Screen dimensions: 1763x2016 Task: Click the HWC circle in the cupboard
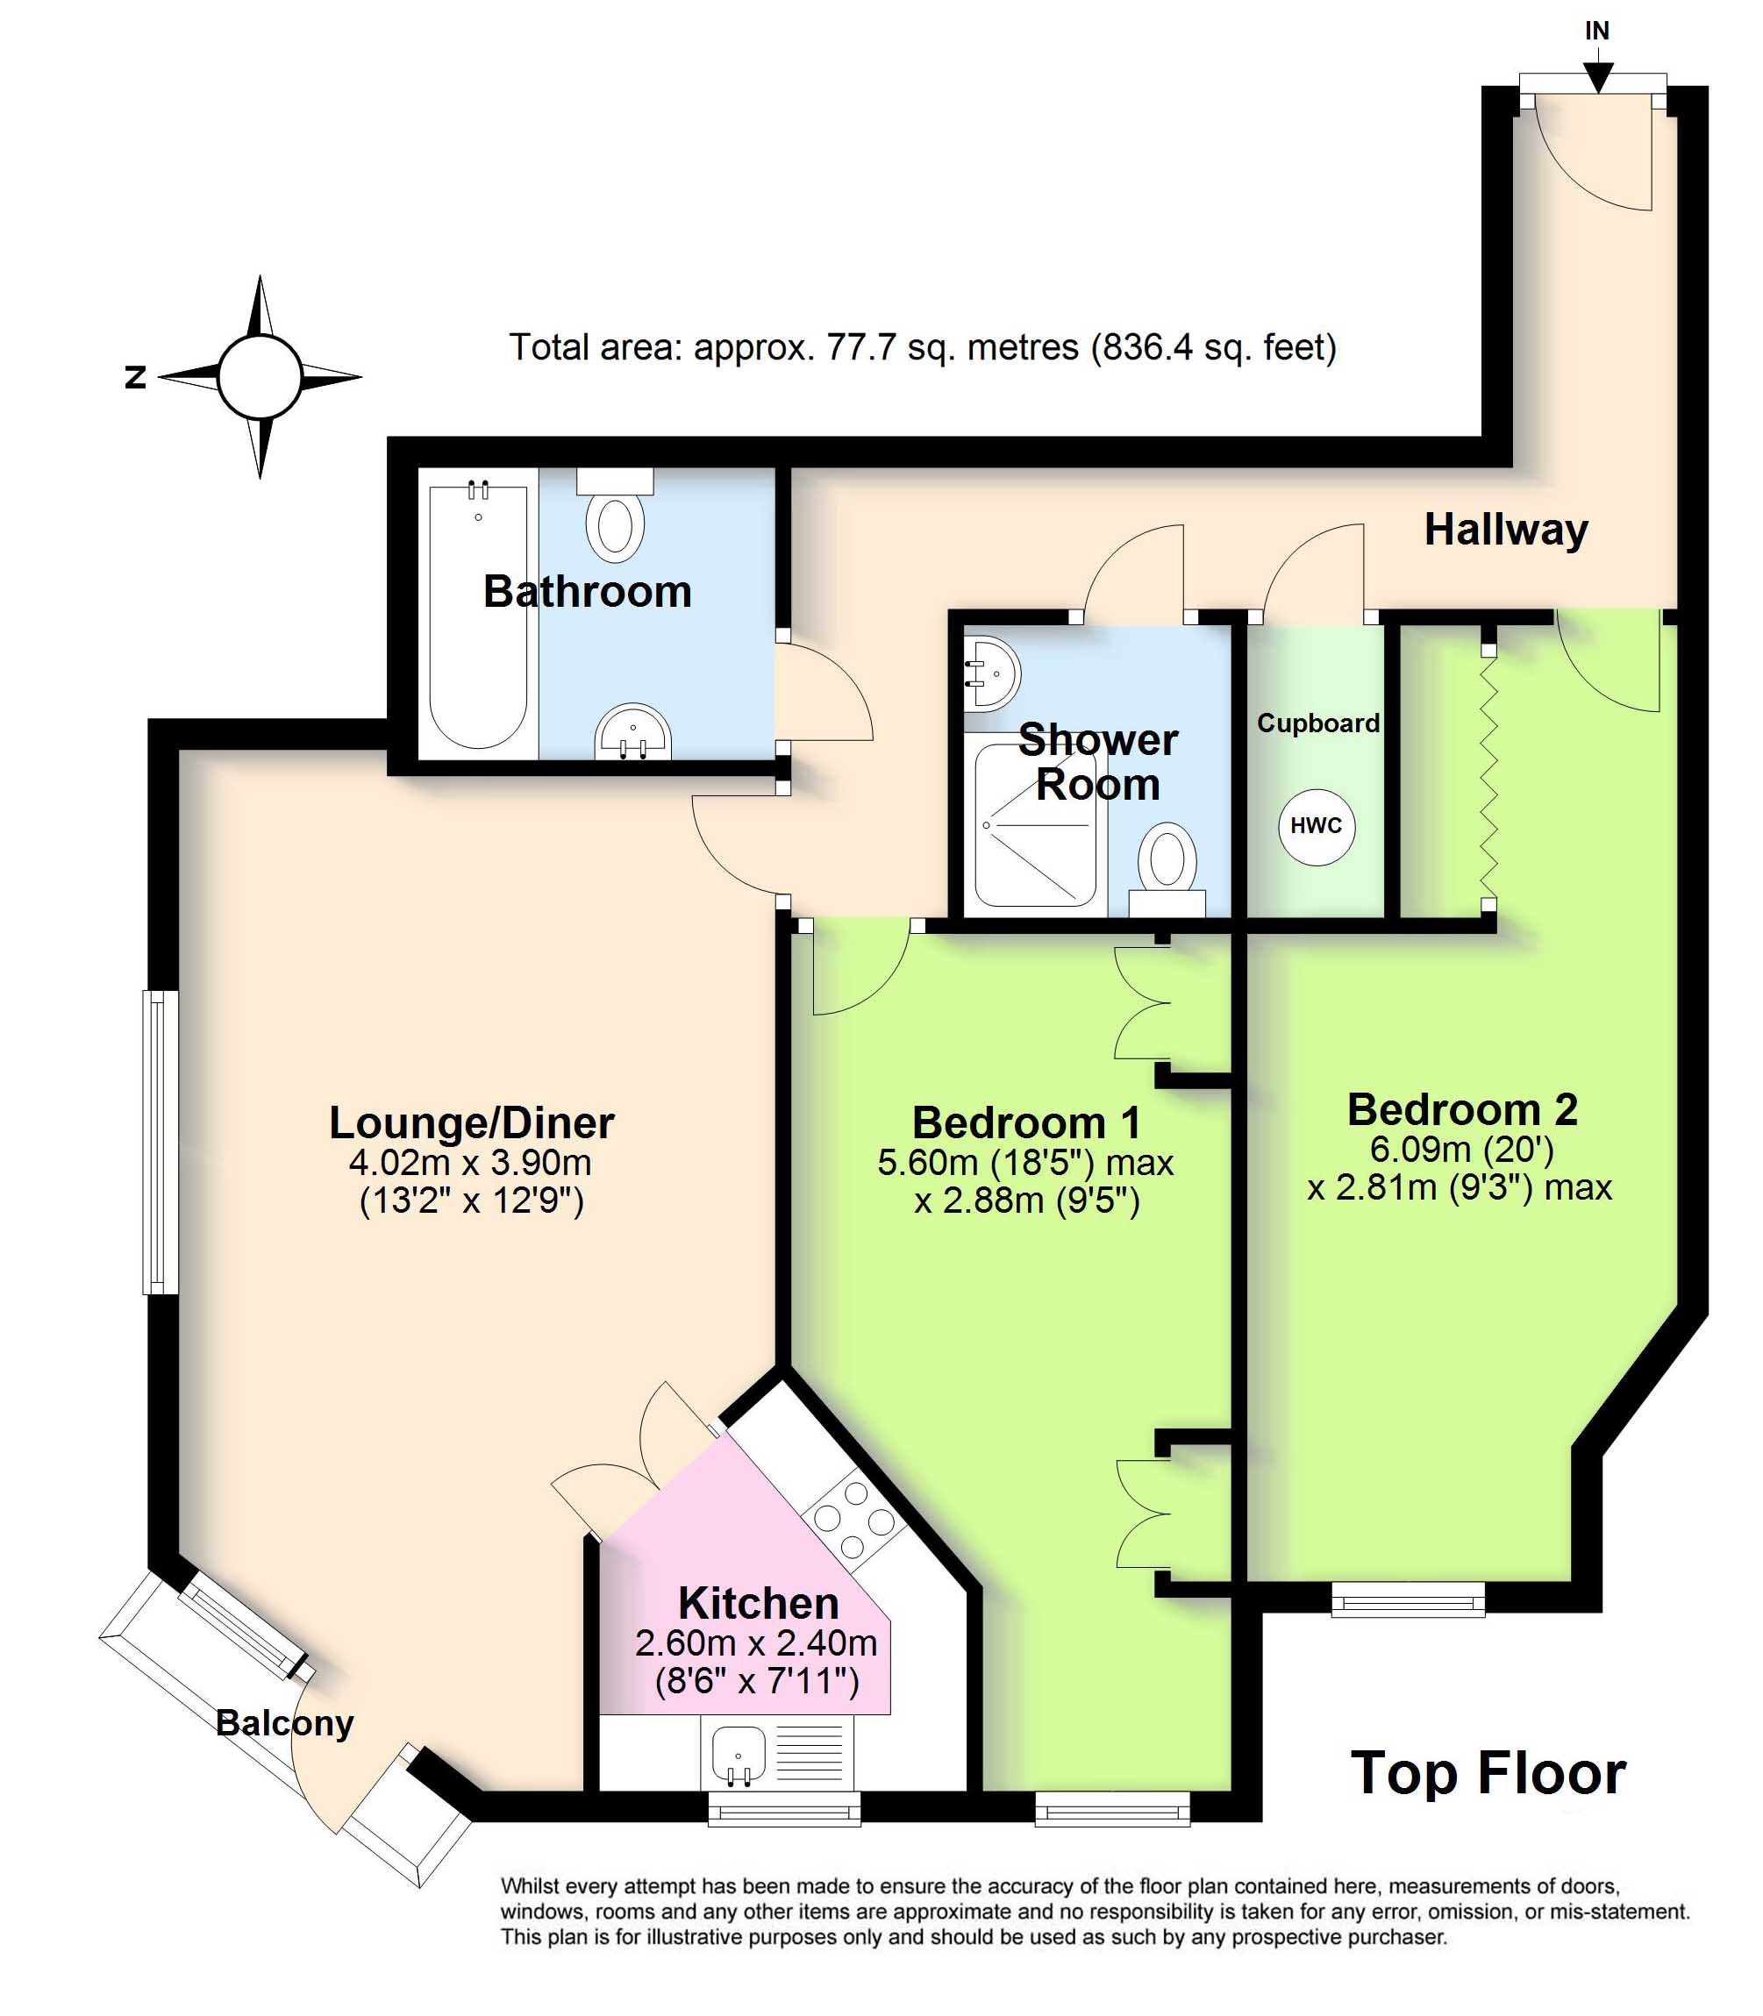pyautogui.click(x=1316, y=826)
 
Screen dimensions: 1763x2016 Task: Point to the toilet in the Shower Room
pyautogui.click(x=1167, y=869)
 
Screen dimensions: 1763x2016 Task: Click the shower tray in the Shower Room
pyautogui.click(x=1035, y=825)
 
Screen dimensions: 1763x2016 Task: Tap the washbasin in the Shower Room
pyautogui.click(x=992, y=673)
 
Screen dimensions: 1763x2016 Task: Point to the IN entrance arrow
pyautogui.click(x=1598, y=75)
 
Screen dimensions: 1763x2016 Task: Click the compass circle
pyautogui.click(x=259, y=377)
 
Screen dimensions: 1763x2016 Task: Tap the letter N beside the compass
pyautogui.click(x=136, y=377)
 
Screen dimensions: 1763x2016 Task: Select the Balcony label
pyautogui.click(x=284, y=1723)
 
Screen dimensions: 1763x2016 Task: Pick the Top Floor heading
pyautogui.click(x=1488, y=1773)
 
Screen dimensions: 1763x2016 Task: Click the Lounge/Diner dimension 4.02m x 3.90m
pyautogui.click(x=470, y=1163)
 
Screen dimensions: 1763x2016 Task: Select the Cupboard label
pyautogui.click(x=1318, y=723)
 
